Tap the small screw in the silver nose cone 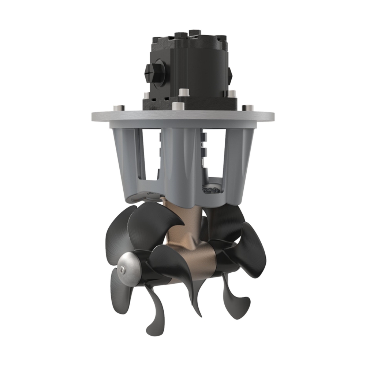(122, 270)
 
